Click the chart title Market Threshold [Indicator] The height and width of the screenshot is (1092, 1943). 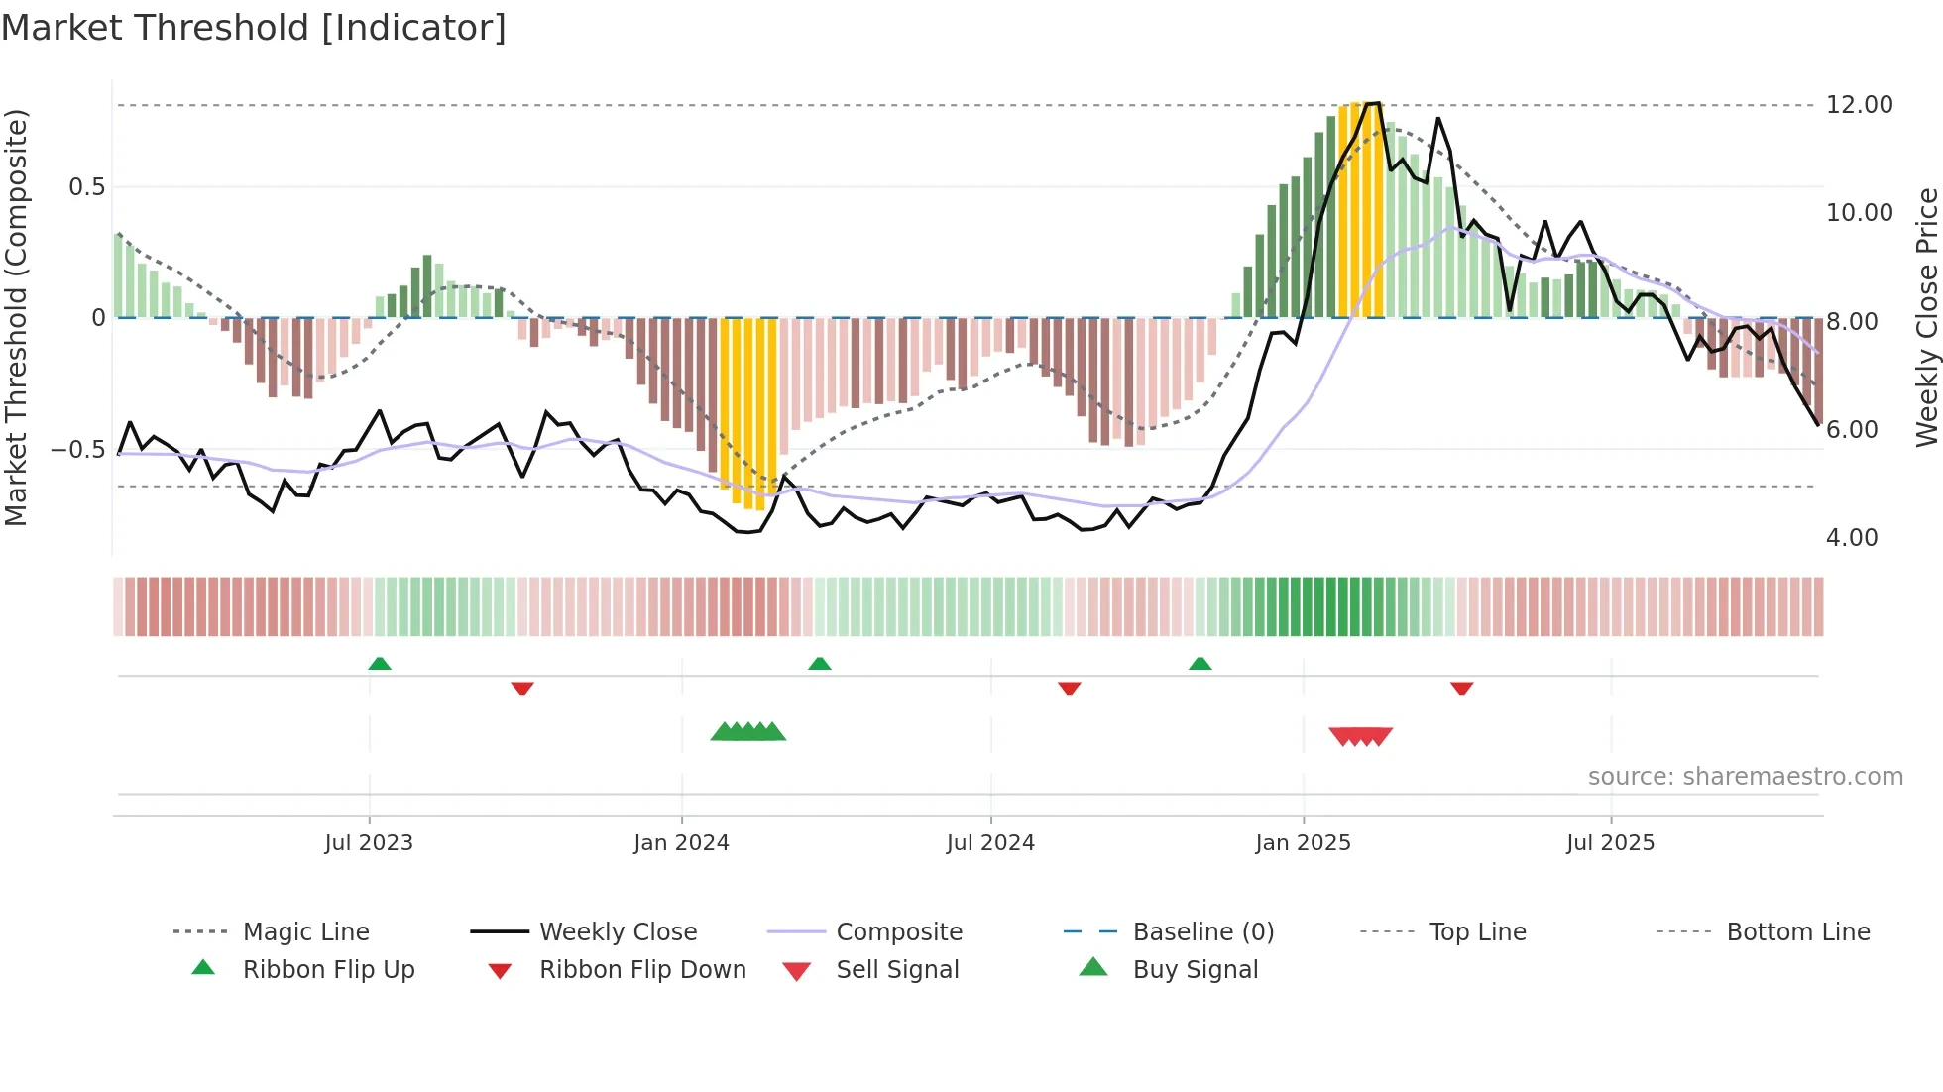pyautogui.click(x=254, y=28)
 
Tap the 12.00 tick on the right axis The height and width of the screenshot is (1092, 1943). pyautogui.click(x=1859, y=105)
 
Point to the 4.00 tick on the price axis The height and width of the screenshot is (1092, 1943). pyautogui.click(x=1851, y=538)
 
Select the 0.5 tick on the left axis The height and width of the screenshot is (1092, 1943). pyautogui.click(x=86, y=187)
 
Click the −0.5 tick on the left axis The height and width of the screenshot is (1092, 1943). pyautogui.click(x=77, y=450)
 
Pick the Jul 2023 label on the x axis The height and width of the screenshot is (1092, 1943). pyautogui.click(x=369, y=843)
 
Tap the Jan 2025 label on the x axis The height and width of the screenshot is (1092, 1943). pyautogui.click(x=1303, y=843)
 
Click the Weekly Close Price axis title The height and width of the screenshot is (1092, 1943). pyautogui.click(x=1926, y=317)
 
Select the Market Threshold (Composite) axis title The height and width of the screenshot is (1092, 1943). pyautogui.click(x=16, y=317)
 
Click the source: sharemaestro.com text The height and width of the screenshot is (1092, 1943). pyautogui.click(x=1745, y=777)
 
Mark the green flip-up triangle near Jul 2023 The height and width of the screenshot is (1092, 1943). pyautogui.click(x=380, y=664)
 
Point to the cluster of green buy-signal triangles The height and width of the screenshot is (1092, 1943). pyautogui.click(x=748, y=732)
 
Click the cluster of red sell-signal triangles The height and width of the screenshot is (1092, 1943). pyautogui.click(x=1361, y=736)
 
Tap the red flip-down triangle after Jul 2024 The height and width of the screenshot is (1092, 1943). pyautogui.click(x=1069, y=688)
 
